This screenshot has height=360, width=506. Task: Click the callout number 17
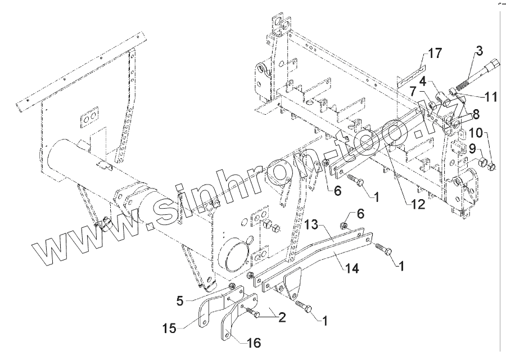pyautogui.click(x=434, y=53)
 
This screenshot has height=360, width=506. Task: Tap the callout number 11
pyautogui.click(x=490, y=97)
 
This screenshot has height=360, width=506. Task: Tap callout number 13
pyautogui.click(x=313, y=224)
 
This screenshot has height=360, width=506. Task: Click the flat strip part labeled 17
pyautogui.click(x=409, y=76)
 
